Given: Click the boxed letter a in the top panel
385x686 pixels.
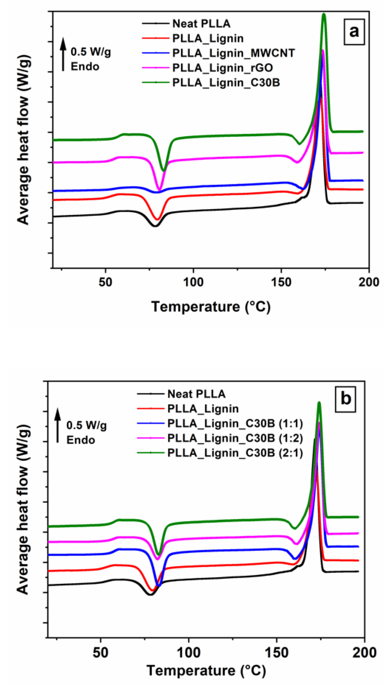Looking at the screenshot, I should tap(354, 32).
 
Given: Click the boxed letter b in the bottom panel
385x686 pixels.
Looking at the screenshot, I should tap(345, 399).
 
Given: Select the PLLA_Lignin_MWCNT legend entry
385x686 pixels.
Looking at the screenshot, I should tap(233, 53).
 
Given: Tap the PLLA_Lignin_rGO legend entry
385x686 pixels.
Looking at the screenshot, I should tap(222, 68).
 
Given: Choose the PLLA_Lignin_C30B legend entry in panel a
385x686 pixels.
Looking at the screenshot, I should tap(226, 83).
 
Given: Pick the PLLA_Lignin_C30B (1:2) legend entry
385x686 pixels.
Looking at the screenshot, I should tap(235, 438).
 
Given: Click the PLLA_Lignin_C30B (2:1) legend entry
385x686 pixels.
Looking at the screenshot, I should tap(235, 453).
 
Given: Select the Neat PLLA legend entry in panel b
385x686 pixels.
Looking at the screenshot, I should tap(196, 394).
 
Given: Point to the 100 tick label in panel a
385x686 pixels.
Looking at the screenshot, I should tap(193, 282).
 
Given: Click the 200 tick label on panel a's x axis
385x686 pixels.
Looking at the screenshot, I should tap(368, 282).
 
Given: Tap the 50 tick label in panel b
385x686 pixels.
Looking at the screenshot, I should tap(100, 653).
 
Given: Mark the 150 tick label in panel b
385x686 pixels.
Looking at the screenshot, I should tap(277, 653).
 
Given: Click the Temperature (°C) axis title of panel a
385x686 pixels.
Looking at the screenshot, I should tap(211, 307).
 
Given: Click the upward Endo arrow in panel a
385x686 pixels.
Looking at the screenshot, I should tap(63, 54).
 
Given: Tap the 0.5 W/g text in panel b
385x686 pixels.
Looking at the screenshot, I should tap(87, 425).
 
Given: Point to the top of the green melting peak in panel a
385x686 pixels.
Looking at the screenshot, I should tap(324, 14).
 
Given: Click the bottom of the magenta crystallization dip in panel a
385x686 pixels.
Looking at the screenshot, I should tap(159, 190).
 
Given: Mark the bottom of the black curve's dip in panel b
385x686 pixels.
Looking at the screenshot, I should tap(150, 594).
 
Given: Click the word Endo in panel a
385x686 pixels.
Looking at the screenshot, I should tap(85, 67).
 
